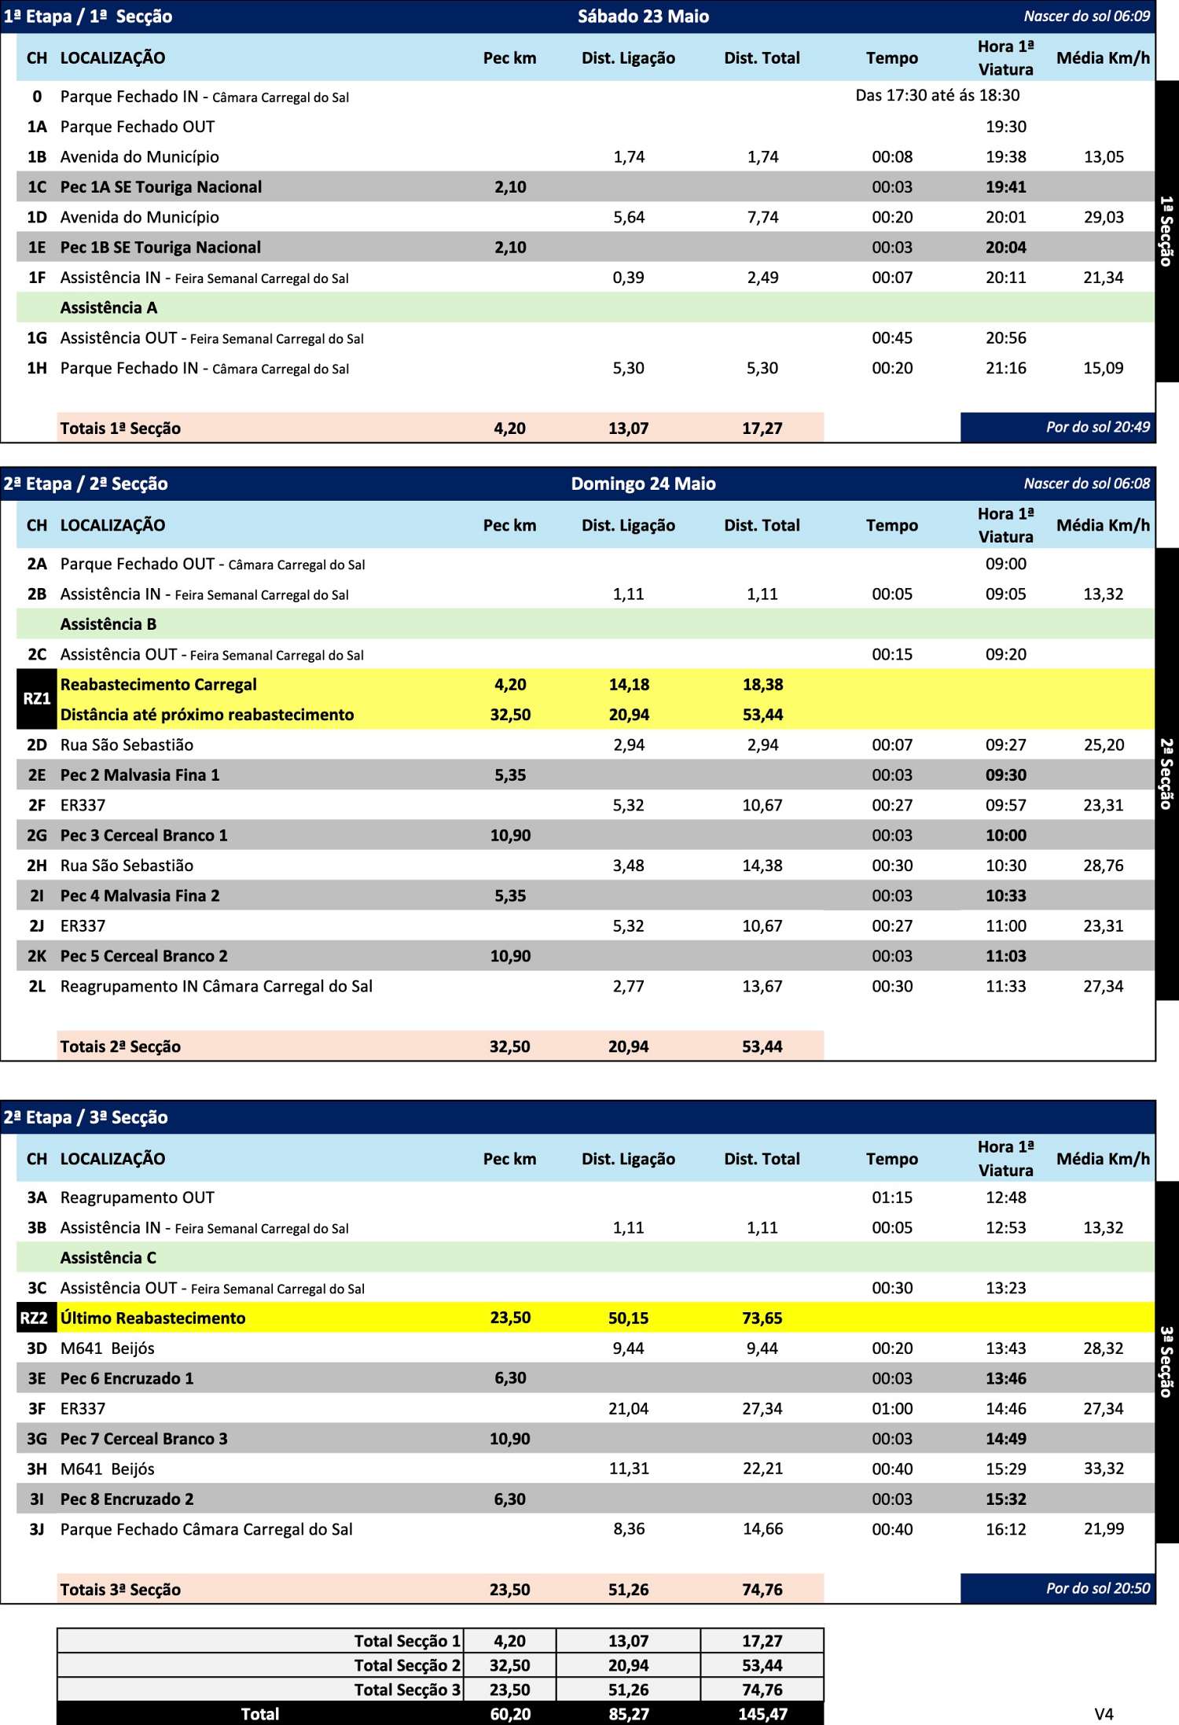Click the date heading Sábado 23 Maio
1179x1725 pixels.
(643, 17)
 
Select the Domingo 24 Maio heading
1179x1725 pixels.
(643, 484)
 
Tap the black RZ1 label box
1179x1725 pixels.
(36, 699)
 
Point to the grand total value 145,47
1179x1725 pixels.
(762, 1714)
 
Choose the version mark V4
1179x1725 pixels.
(1104, 1714)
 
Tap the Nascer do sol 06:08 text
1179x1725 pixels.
(1086, 484)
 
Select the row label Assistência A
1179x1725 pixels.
(108, 307)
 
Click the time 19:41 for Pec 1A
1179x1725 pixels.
(1006, 187)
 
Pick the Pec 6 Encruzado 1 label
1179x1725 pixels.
(127, 1378)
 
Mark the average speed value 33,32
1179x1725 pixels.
(1104, 1469)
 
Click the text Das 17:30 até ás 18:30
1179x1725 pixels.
(937, 95)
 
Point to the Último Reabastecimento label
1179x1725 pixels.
(152, 1319)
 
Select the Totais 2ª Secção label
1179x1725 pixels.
(120, 1046)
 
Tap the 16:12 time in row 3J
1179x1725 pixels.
(1006, 1529)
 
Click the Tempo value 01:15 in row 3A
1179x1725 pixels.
(892, 1197)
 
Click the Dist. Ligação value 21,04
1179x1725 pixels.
(628, 1409)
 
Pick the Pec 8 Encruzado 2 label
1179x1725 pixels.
(127, 1499)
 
